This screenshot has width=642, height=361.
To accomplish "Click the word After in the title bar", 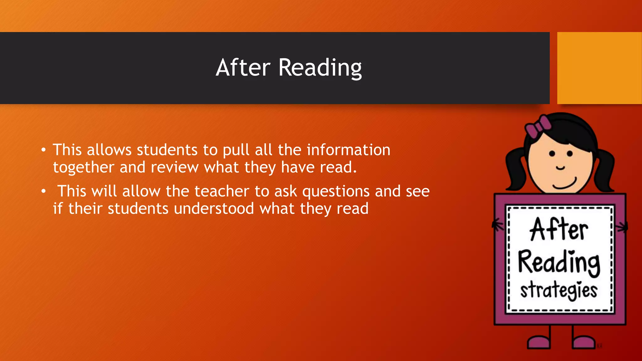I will (243, 68).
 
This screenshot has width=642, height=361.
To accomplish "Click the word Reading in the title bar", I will (320, 68).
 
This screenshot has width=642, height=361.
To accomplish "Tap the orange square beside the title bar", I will (599, 68).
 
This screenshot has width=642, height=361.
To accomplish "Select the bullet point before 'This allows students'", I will (44, 150).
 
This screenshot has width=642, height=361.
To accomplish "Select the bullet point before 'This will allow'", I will (44, 191).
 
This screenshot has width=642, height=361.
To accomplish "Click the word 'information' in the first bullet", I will (348, 150).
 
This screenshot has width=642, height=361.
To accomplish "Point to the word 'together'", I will (83, 167).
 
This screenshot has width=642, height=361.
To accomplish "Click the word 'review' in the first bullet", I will (175, 167).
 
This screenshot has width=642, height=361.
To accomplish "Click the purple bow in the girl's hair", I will (538, 127).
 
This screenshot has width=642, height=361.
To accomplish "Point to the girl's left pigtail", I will (516, 169).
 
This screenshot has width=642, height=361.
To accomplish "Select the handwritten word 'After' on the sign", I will (559, 230).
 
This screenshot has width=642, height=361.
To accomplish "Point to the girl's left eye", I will (552, 154).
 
